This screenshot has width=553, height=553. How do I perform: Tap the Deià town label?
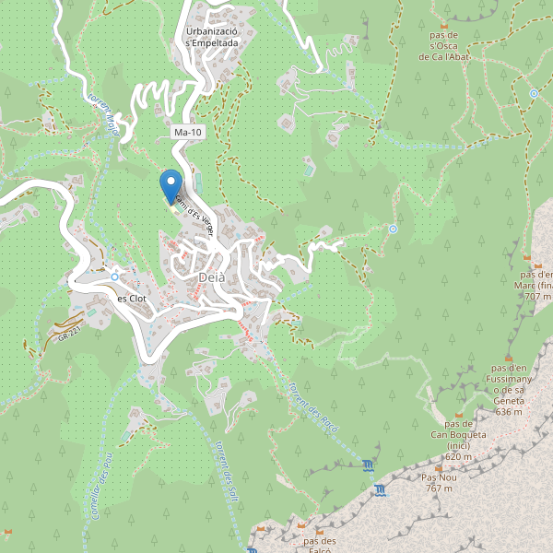(211, 276)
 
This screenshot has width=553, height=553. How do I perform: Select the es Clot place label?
(132, 299)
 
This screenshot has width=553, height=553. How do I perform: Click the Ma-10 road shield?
(188, 133)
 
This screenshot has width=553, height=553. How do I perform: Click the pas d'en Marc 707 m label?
(535, 285)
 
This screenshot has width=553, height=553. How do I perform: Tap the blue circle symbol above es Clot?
(114, 276)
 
